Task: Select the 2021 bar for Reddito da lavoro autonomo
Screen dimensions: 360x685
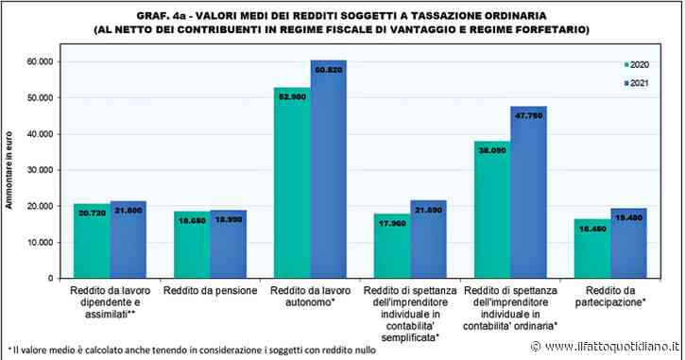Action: pyautogui.click(x=329, y=170)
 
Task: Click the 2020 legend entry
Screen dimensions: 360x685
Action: pyautogui.click(x=635, y=64)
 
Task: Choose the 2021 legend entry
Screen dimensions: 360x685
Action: pyautogui.click(x=635, y=84)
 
